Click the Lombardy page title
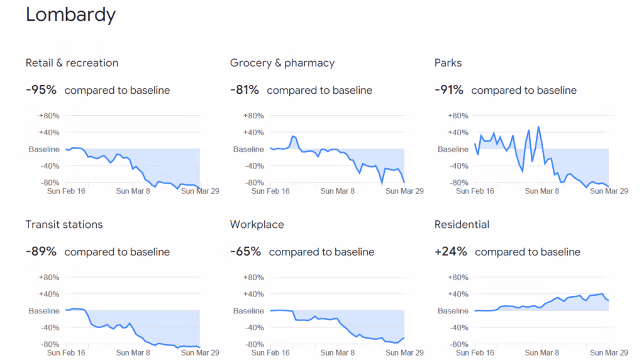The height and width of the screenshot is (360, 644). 70,15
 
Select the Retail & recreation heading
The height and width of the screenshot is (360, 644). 72,63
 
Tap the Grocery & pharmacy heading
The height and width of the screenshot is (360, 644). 282,63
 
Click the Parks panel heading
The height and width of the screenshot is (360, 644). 448,63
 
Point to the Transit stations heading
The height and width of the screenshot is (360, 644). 64,225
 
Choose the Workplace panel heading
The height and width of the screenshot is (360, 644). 257,225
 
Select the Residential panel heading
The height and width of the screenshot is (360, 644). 462,225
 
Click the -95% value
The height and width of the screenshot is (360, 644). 41,90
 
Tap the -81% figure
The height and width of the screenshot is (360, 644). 245,90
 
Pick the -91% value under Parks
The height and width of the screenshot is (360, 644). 449,90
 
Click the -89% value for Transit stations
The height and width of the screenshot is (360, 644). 41,252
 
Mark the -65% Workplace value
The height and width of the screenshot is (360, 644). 245,252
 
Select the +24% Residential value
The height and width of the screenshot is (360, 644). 451,252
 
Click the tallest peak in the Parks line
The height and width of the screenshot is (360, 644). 538,127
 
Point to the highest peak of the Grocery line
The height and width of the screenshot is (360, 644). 293,136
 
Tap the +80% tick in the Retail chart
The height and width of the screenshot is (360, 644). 49,116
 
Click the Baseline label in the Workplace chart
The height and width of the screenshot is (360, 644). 249,311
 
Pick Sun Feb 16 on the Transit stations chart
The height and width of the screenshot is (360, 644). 66,353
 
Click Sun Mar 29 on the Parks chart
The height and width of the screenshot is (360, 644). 609,191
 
